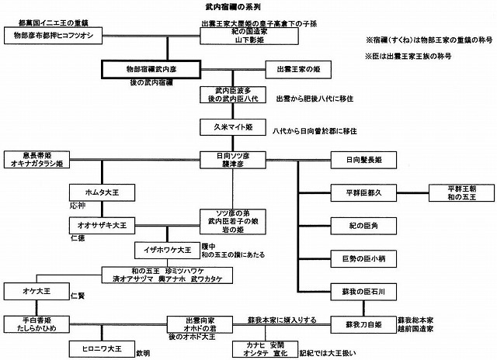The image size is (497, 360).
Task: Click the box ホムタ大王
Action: [97, 191]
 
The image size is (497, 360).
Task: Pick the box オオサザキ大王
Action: [97, 223]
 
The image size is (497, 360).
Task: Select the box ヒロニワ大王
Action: [96, 348]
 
